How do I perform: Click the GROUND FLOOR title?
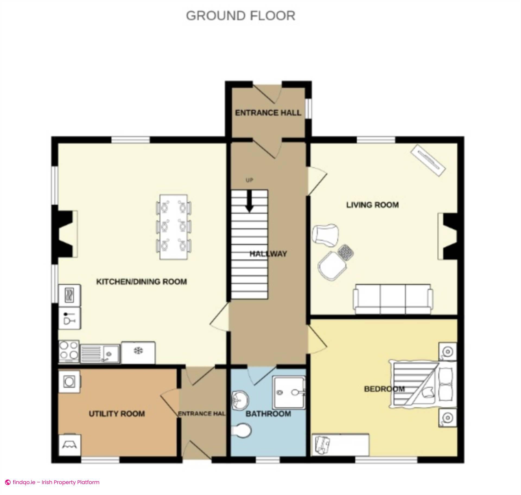click(240, 16)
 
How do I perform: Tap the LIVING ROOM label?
click(372, 205)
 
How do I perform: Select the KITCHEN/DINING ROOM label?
click(142, 282)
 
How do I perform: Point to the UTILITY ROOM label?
click(117, 414)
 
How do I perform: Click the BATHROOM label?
click(268, 414)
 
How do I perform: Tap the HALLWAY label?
click(268, 254)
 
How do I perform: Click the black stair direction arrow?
click(249, 201)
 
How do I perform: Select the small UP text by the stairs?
click(249, 180)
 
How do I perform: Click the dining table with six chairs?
click(173, 227)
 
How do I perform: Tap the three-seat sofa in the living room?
click(393, 299)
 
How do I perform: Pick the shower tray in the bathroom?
click(288, 392)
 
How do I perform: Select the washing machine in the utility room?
click(69, 382)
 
